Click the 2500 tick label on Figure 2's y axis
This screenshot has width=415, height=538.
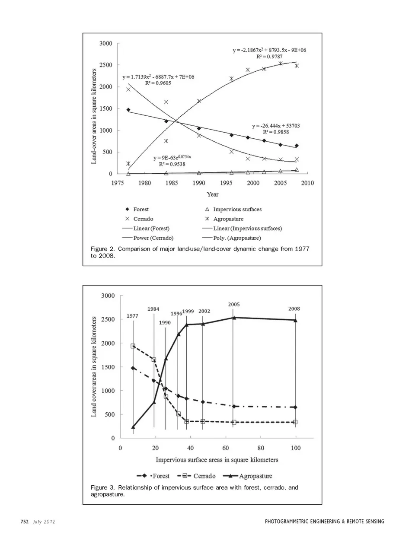click(105, 65)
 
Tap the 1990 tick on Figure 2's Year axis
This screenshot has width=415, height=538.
click(199, 183)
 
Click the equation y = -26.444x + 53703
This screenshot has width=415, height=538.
click(276, 126)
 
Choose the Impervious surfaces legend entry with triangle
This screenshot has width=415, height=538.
click(237, 209)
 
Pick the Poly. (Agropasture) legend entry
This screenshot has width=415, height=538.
click(237, 238)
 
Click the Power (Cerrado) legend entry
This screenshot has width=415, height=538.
click(153, 238)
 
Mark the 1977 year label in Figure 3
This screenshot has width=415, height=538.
click(132, 316)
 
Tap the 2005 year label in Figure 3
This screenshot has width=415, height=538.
click(234, 304)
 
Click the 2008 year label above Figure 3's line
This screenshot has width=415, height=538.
click(294, 309)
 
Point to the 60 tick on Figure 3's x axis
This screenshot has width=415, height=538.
click(226, 448)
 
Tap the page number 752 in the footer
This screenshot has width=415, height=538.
click(24, 522)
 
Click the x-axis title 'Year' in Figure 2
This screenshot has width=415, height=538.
click(212, 194)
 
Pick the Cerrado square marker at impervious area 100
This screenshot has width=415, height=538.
click(295, 422)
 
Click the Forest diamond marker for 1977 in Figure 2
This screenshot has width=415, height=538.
click(128, 110)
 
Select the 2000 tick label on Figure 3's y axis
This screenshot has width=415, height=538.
click(108, 343)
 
